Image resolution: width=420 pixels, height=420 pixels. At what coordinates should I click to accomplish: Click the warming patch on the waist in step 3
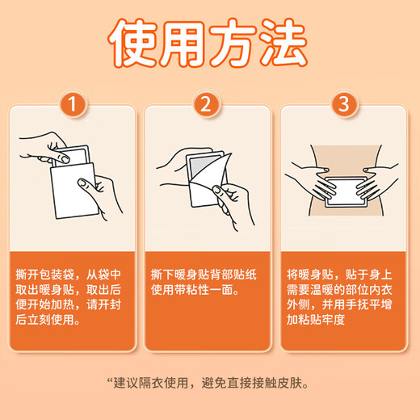click(345, 192)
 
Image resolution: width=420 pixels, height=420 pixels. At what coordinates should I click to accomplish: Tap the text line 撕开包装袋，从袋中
click(73, 275)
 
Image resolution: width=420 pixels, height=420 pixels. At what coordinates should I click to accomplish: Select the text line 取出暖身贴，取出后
click(73, 290)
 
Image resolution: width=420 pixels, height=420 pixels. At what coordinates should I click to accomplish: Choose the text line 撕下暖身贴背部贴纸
click(208, 275)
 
